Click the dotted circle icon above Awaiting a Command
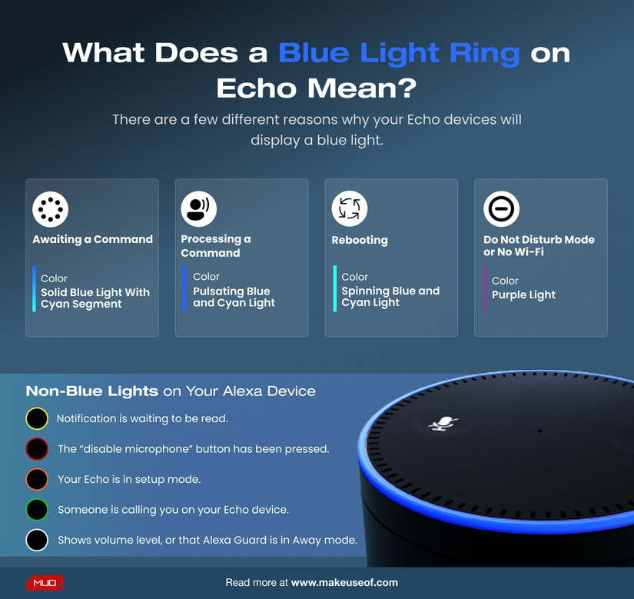(51, 208)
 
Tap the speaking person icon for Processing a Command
(199, 208)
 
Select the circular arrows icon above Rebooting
(350, 208)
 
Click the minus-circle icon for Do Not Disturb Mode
(501, 208)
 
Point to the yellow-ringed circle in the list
(37, 419)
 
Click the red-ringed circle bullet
(37, 449)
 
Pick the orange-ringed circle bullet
(37, 479)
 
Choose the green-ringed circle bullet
(37, 510)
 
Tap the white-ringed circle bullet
(37, 540)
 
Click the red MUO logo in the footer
(45, 583)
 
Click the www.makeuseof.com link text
(344, 583)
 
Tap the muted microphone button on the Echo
(442, 423)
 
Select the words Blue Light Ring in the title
(399, 53)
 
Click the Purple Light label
(523, 295)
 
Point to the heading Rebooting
(360, 240)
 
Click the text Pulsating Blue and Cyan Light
(234, 297)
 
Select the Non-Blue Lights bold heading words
(92, 391)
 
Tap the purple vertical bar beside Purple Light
(485, 288)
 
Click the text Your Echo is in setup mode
(129, 479)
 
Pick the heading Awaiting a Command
(92, 239)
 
